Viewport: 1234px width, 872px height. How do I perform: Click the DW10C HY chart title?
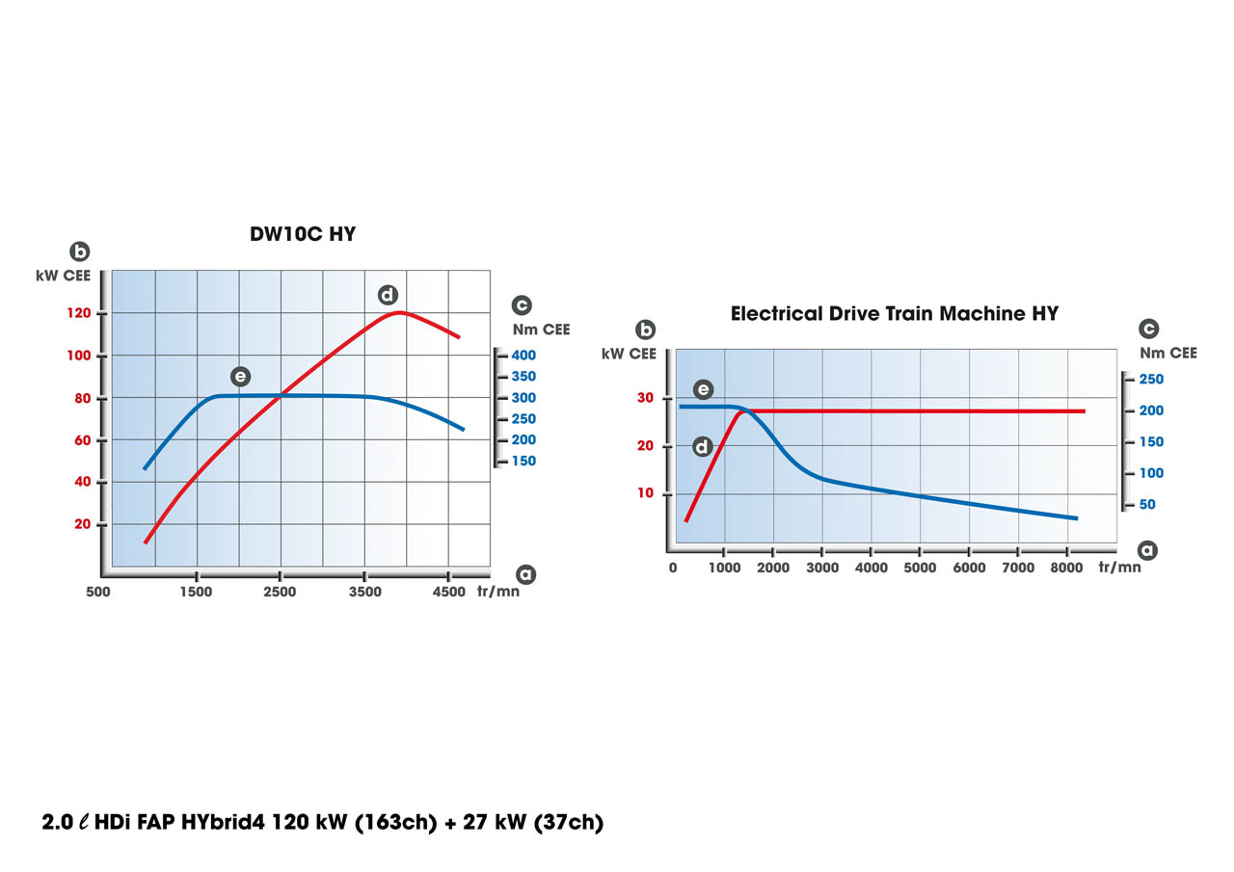click(302, 234)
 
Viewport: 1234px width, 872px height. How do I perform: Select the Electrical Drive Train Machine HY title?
click(894, 314)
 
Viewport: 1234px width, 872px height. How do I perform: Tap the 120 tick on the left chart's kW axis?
click(79, 314)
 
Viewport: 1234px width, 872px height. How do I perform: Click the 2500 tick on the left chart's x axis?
click(280, 593)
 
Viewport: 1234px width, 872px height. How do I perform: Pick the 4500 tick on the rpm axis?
click(448, 593)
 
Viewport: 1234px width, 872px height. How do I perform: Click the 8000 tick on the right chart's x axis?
click(1067, 568)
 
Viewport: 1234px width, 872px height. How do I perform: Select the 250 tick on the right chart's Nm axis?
click(1151, 379)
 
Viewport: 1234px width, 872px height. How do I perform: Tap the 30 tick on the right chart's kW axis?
click(644, 398)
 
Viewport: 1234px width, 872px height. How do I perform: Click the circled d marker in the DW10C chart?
click(388, 295)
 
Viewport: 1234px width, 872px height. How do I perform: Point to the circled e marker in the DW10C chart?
click(240, 376)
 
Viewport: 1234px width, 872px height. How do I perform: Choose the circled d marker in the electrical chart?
click(703, 446)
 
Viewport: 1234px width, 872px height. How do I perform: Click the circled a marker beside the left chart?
click(525, 573)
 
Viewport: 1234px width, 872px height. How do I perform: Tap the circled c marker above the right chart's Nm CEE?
click(1149, 329)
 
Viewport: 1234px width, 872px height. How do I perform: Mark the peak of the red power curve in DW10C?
click(398, 312)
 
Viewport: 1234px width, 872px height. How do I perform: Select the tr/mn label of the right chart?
click(1119, 568)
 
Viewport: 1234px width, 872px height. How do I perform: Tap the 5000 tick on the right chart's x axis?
click(920, 568)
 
